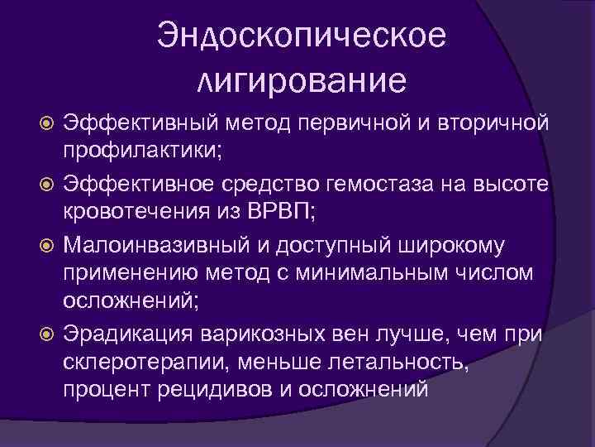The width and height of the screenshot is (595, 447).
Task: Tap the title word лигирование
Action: tap(302, 81)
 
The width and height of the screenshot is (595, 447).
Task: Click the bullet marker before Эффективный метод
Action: tap(47, 125)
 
